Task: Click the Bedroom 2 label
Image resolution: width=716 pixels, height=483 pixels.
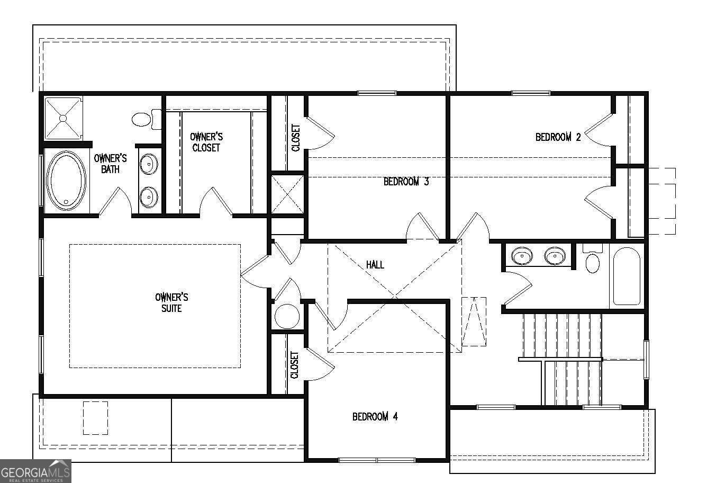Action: (x=558, y=137)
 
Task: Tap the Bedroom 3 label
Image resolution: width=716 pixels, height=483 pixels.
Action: (x=406, y=182)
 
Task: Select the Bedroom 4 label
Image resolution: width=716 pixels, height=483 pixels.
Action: (x=375, y=416)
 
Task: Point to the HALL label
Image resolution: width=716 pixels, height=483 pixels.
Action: (x=375, y=264)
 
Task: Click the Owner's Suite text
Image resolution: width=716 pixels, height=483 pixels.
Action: (x=171, y=302)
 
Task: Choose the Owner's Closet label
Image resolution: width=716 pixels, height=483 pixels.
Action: (x=206, y=142)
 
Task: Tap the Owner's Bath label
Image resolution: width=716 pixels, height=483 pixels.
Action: (x=110, y=164)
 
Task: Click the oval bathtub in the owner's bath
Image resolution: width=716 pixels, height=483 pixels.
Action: (x=66, y=181)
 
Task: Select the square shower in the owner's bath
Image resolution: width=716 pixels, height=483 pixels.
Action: (x=64, y=118)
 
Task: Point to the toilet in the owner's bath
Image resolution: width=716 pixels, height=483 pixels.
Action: (x=147, y=119)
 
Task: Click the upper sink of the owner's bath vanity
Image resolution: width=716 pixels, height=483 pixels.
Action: (x=149, y=164)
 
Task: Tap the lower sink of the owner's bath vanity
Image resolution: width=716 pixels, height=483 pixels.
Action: (x=149, y=197)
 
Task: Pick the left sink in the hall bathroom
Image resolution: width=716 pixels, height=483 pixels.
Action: (x=522, y=256)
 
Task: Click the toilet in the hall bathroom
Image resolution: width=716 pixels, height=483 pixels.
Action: (x=593, y=258)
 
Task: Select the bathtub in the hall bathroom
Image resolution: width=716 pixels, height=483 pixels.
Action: (x=627, y=276)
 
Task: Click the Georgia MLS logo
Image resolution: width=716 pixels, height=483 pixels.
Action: (x=35, y=471)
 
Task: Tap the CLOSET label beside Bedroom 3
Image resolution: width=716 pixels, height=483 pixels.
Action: (x=296, y=138)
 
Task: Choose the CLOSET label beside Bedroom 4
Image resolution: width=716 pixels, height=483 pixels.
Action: (x=294, y=365)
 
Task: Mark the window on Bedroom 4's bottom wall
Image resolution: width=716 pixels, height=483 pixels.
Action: (x=377, y=460)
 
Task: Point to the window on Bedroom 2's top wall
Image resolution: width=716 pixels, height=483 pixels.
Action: (x=531, y=93)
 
